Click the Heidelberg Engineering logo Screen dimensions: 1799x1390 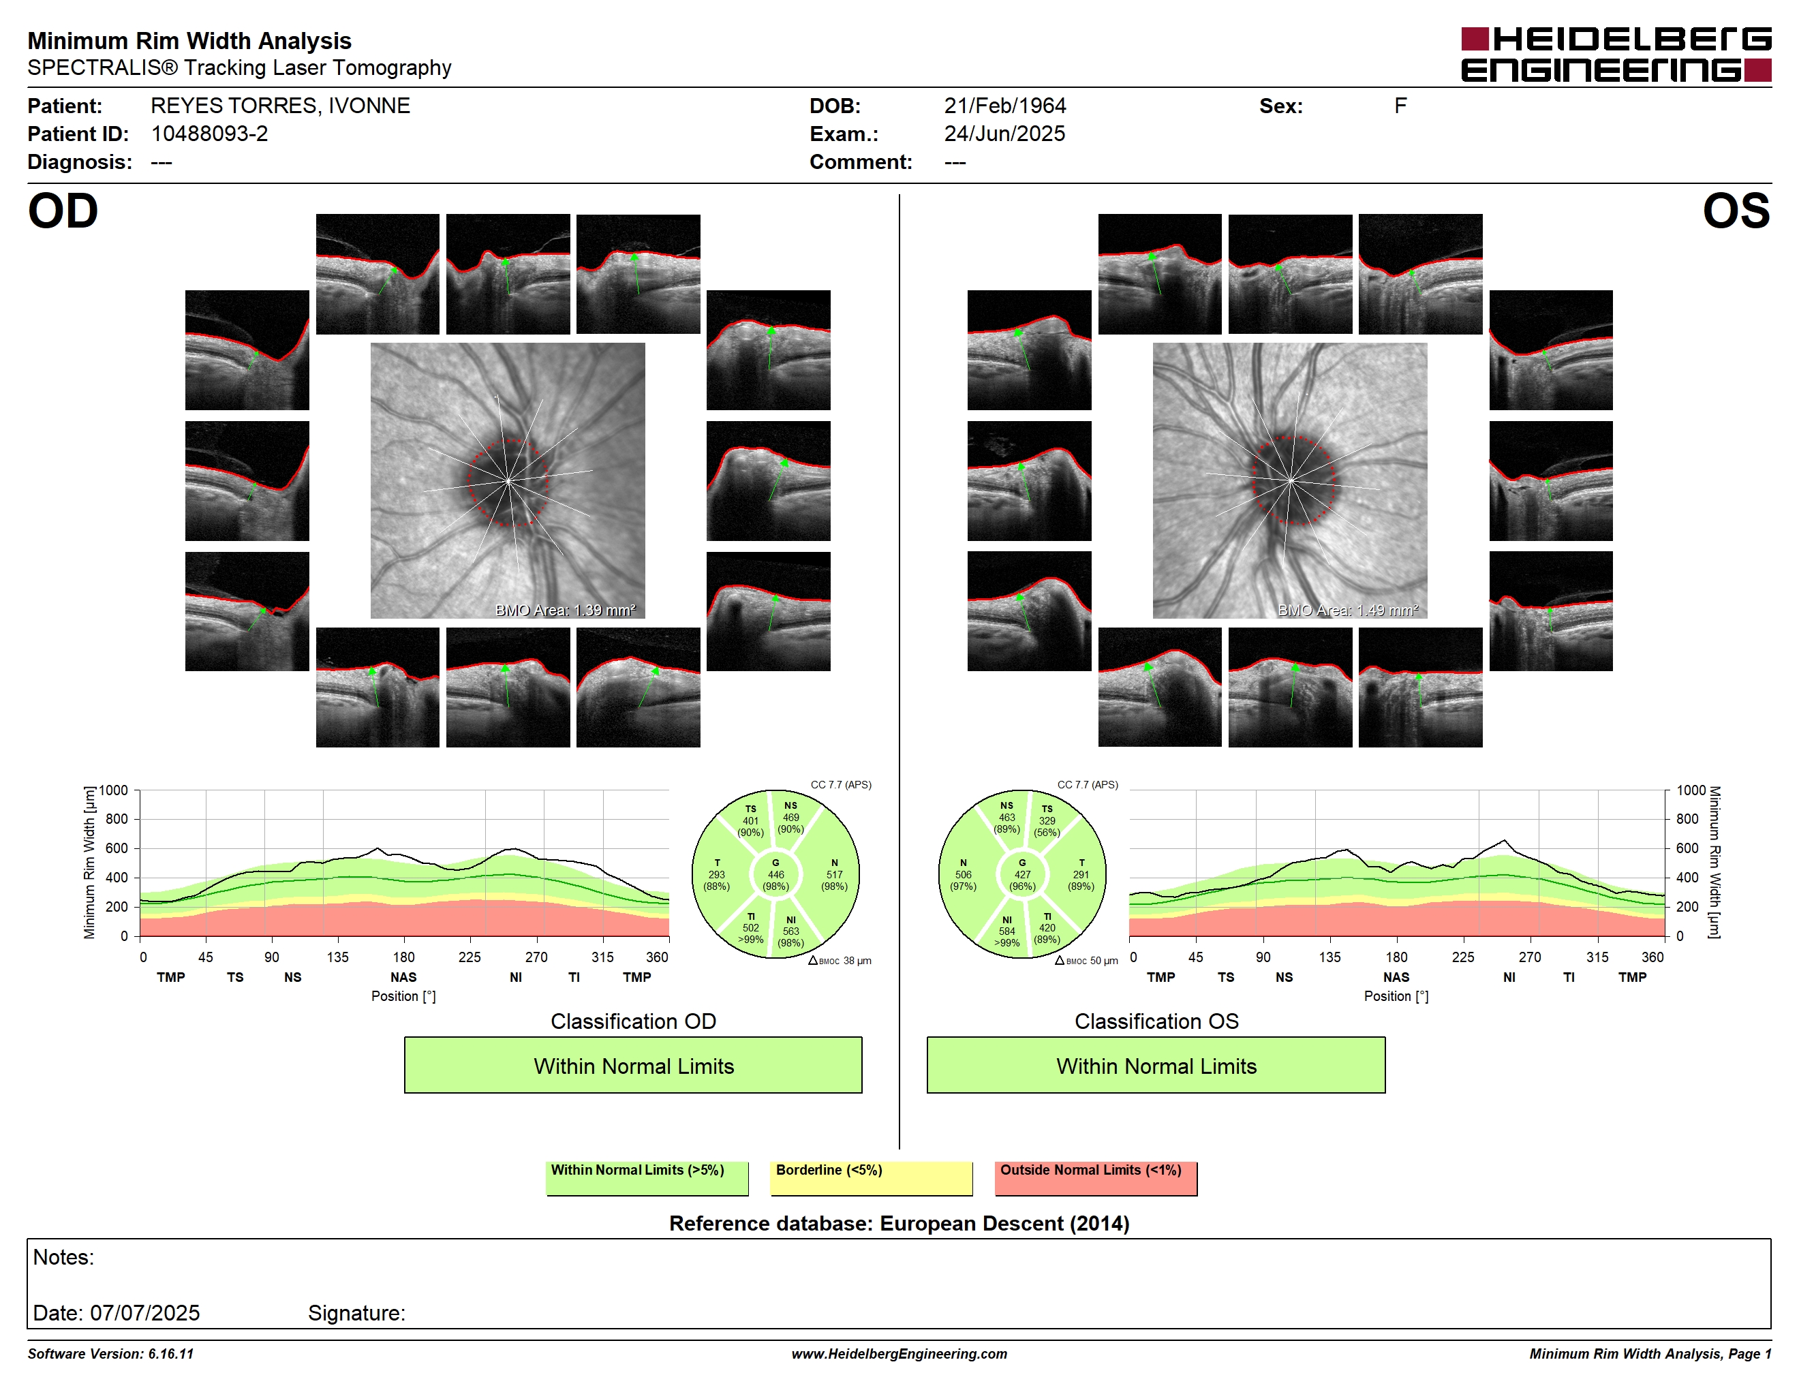point(1616,55)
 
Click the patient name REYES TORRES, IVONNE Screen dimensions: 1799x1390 point(280,106)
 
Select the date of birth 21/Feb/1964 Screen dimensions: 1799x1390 point(1005,106)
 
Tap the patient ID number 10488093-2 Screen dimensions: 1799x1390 point(209,134)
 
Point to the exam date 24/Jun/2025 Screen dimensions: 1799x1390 point(1004,134)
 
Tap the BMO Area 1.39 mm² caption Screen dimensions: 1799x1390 point(565,611)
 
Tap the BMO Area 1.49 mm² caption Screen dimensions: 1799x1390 point(1348,611)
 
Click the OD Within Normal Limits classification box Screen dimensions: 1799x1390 point(632,1065)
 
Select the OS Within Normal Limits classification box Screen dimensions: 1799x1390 point(1156,1065)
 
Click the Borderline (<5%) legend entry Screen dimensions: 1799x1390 point(871,1177)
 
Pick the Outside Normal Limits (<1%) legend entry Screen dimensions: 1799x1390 point(1096,1177)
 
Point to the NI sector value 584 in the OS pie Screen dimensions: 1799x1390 point(1006,931)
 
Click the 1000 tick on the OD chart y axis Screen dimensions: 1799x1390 point(114,790)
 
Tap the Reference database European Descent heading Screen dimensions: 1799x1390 point(899,1224)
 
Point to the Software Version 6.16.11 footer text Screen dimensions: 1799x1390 point(110,1354)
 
